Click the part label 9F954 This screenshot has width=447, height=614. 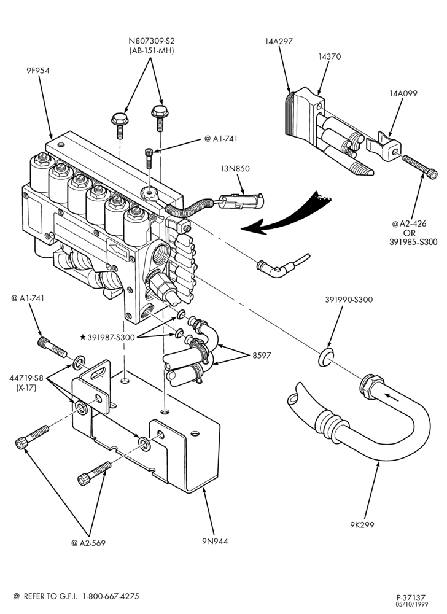point(38,71)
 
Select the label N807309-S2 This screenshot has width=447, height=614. point(152,41)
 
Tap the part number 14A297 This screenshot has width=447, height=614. point(279,41)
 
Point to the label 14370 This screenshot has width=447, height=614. point(329,56)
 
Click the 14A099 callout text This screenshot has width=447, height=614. point(403,93)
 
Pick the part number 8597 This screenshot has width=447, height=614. point(262,356)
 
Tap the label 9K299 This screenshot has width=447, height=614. point(362,525)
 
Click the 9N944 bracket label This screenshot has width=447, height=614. point(215,542)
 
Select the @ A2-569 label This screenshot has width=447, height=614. point(88,543)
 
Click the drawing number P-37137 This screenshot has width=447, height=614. point(411,598)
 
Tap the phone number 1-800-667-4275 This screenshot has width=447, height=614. point(112,596)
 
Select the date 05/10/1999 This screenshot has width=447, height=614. point(412,604)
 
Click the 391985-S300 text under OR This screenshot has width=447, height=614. point(413,242)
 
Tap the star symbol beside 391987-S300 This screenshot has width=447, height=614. point(83,336)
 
